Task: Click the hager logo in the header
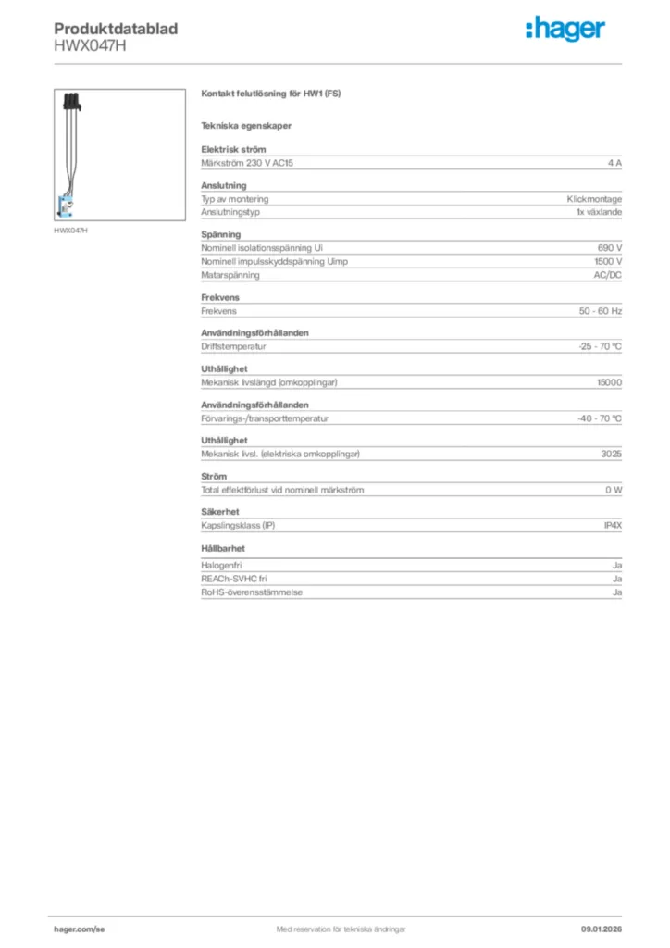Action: [x=565, y=30]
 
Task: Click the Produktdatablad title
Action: [x=116, y=29]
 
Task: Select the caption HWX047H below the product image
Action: [x=70, y=230]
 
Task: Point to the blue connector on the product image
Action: [x=68, y=206]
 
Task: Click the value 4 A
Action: [x=614, y=163]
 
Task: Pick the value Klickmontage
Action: [x=594, y=199]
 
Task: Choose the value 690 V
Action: [x=610, y=248]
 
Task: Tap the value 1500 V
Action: [x=607, y=262]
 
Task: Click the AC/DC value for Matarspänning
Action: [x=607, y=275]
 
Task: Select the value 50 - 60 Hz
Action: [x=600, y=311]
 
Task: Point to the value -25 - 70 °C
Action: [x=599, y=346]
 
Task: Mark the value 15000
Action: [x=609, y=382]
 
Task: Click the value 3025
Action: [x=611, y=454]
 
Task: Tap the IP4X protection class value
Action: [x=613, y=526]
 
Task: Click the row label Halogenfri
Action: [x=221, y=565]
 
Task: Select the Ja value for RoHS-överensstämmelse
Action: [x=616, y=592]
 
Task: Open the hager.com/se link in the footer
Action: [x=80, y=929]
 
